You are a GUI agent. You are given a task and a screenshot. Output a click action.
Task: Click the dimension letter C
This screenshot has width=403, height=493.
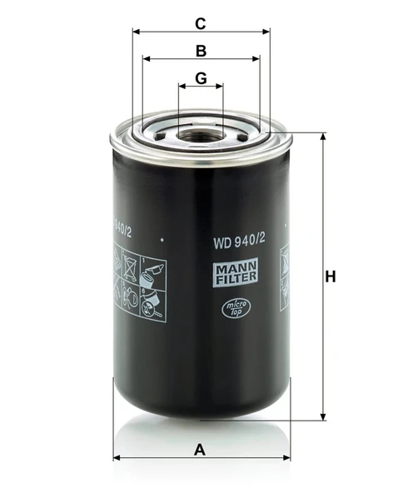[200, 22]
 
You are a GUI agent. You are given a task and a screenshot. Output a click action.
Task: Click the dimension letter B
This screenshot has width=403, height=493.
[201, 50]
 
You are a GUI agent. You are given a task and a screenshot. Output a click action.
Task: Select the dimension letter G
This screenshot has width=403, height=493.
[200, 78]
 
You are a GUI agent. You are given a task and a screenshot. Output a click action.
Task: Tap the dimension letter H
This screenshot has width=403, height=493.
[331, 276]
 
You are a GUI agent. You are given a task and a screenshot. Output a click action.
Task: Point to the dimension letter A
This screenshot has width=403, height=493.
[199, 450]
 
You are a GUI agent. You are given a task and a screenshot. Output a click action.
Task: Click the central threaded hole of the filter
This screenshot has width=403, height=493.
[200, 132]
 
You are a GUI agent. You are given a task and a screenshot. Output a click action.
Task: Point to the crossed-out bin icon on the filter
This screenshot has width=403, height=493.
[130, 267]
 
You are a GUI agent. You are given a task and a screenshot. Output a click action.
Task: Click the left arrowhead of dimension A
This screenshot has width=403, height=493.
[115, 457]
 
